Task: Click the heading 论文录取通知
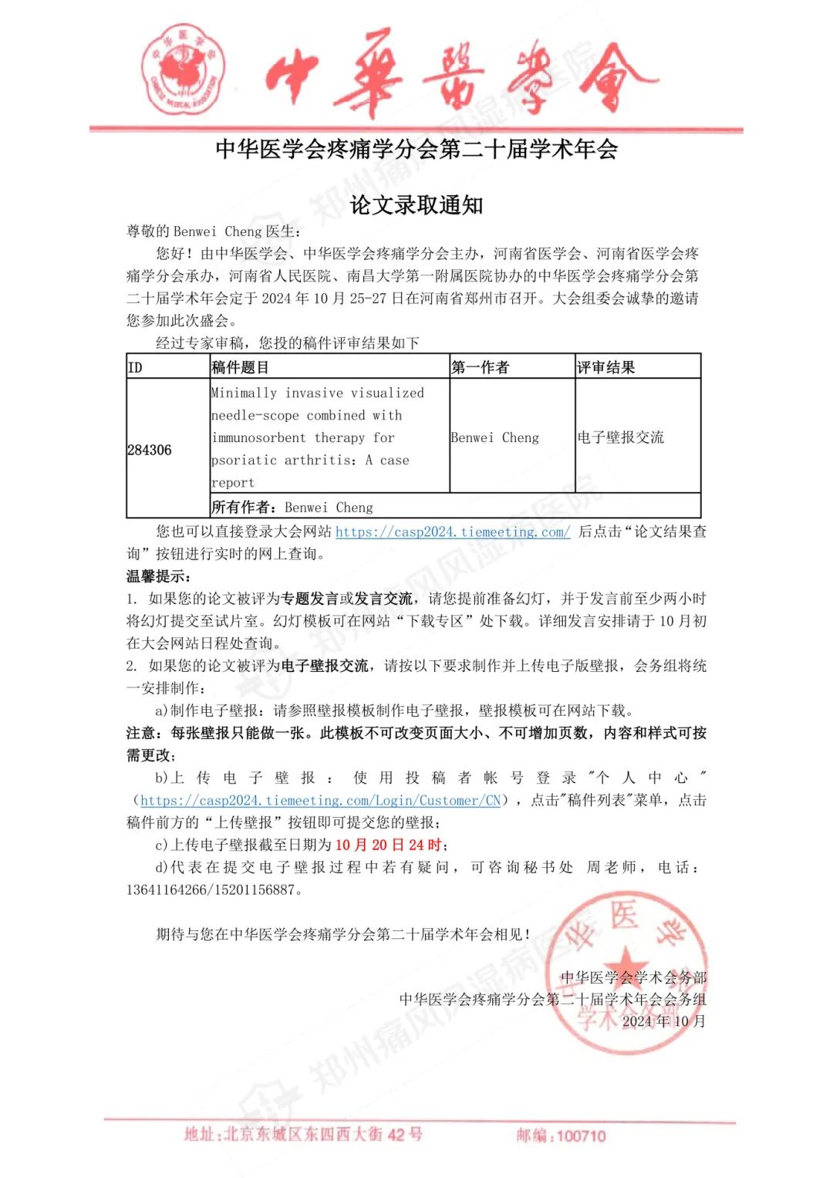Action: pos(416,205)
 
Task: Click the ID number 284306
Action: pos(150,450)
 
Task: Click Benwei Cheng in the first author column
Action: pos(495,437)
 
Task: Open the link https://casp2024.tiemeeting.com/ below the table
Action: pos(453,532)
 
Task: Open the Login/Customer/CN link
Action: pos(321,800)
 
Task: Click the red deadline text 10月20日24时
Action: pos(390,845)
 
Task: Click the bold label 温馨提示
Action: pos(158,576)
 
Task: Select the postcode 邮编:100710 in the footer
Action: pos(561,1136)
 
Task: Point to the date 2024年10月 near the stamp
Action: pos(663,1021)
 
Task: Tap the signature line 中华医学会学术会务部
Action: pos(633,977)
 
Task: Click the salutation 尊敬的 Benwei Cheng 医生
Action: pos(214,231)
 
